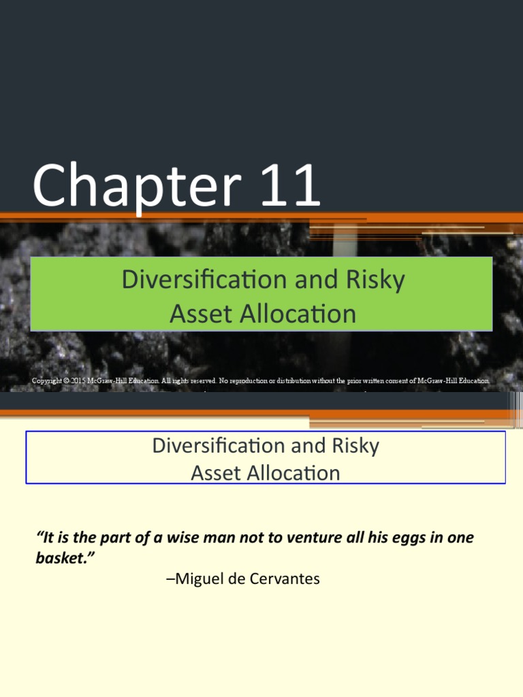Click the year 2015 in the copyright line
pos(78,381)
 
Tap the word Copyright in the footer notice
pos(46,381)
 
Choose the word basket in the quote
pos(61,559)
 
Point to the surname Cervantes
pos(285,579)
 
